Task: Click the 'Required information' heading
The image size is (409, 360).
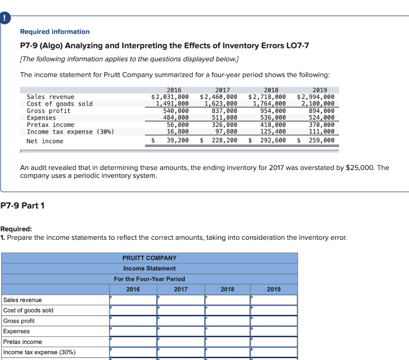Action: coord(55,32)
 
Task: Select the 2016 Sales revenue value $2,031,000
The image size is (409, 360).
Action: coord(170,97)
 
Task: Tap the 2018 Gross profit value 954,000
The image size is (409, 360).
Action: coord(273,111)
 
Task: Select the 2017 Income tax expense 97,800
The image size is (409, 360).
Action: coord(226,132)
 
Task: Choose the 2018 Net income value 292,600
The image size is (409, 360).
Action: coord(273,140)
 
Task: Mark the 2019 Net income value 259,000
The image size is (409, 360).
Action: coord(322,140)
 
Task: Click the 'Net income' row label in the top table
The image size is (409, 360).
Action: coord(45,141)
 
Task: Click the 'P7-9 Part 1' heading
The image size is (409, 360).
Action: coord(22,206)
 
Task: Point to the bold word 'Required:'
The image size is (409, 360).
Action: coord(16,229)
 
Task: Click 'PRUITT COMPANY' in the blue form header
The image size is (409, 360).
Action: coord(149,258)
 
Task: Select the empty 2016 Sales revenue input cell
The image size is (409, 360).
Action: coord(133,300)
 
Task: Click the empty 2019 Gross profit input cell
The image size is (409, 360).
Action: coord(274,320)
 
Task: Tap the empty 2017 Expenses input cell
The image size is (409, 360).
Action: coord(181,331)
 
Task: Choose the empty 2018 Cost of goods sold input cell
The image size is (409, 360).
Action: coord(227,310)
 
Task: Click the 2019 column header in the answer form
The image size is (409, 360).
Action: coord(274,289)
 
